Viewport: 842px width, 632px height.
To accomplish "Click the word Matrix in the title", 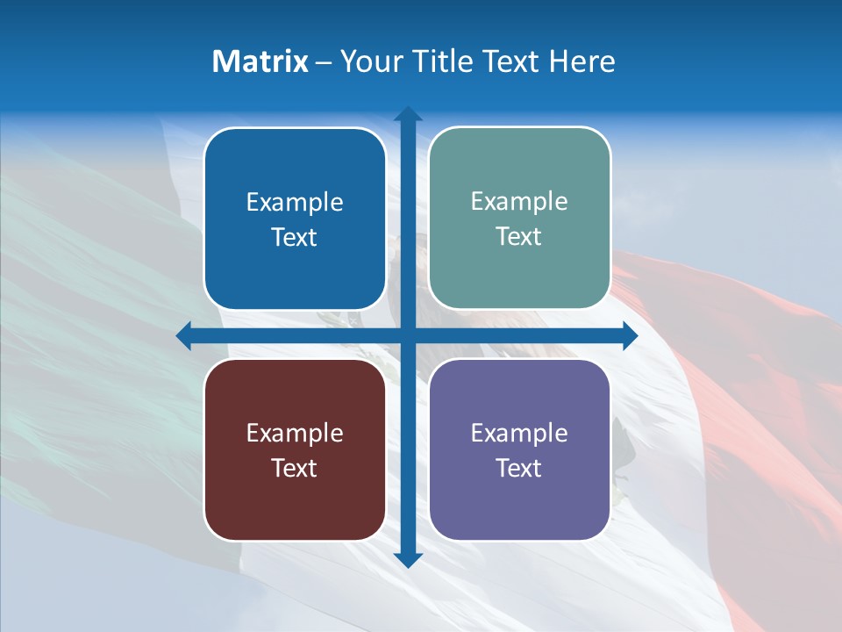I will pyautogui.click(x=260, y=61).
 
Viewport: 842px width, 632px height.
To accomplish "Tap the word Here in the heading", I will pyautogui.click(x=582, y=61).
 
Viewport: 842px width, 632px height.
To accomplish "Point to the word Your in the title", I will pyautogui.click(x=373, y=61).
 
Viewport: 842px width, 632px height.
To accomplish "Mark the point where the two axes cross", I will pyautogui.click(x=408, y=335).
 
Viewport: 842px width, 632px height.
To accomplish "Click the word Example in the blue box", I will pyautogui.click(x=295, y=203).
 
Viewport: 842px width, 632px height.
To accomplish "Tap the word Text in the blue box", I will pyautogui.click(x=295, y=238).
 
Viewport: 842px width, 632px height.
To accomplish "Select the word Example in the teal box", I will pyautogui.click(x=519, y=202).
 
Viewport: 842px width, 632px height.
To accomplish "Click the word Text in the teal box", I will pyautogui.click(x=519, y=237).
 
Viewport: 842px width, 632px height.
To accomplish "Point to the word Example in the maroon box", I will pyautogui.click(x=295, y=434).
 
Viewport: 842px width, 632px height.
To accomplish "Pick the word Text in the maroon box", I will pyautogui.click(x=295, y=469).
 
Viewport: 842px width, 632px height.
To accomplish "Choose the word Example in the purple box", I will pyautogui.click(x=519, y=434).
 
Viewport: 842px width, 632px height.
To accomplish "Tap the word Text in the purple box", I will pyautogui.click(x=519, y=469).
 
